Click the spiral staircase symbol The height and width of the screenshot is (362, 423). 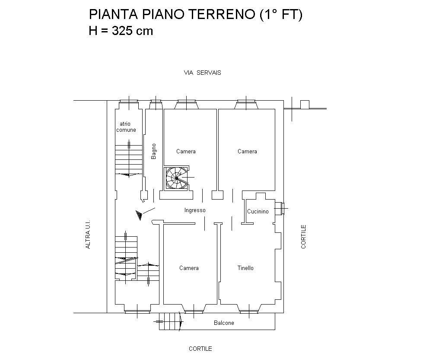176,178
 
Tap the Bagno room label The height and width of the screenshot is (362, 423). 153,151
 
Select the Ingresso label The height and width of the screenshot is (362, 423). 195,210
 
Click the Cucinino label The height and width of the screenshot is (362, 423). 258,212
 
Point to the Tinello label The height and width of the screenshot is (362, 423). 245,268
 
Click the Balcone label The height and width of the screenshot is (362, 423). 224,323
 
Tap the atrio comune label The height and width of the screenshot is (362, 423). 126,127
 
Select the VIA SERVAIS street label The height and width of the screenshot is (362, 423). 202,73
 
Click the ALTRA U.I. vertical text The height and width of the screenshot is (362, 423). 88,234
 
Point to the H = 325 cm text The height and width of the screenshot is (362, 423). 121,31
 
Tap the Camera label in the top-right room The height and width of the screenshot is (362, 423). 247,151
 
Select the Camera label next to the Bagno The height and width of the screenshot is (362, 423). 186,151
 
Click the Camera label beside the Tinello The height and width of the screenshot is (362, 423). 189,268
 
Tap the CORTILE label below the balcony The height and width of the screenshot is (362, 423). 200,349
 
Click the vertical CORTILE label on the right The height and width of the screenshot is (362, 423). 303,237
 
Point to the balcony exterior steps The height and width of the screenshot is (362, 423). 169,321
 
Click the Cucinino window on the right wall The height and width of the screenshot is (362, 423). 280,209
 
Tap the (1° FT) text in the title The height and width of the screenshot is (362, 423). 281,14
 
